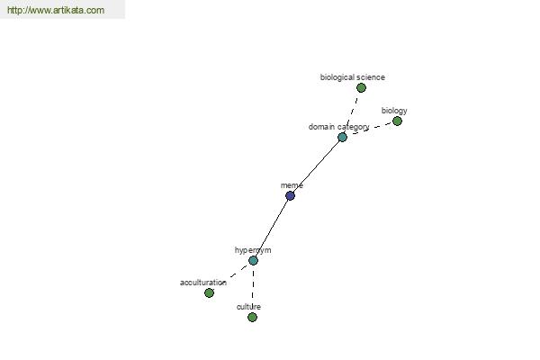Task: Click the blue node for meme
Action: click(290, 195)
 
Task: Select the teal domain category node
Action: click(342, 137)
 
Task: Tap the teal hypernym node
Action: click(253, 260)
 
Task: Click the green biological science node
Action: click(361, 88)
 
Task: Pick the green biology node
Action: click(397, 121)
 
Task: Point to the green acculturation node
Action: click(209, 292)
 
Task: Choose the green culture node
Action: click(252, 317)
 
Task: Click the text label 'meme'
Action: click(292, 185)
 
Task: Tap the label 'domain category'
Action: click(339, 127)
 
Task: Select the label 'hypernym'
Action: click(253, 250)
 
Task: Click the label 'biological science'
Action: click(352, 77)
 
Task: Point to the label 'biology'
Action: click(394, 111)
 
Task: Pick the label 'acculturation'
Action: click(203, 283)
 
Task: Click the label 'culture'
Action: click(248, 307)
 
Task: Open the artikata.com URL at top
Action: click(56, 10)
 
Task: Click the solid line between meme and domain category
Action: click(316, 166)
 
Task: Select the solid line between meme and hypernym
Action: click(272, 228)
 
